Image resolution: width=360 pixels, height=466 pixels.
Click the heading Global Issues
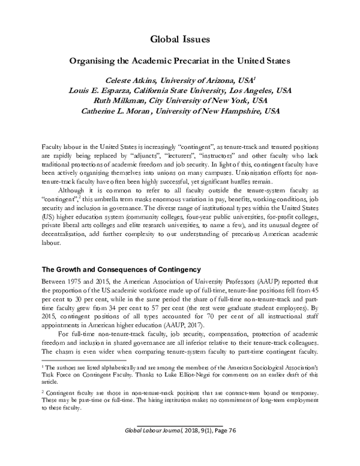pos(180,41)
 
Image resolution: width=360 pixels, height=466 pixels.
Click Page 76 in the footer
pos(221,448)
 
